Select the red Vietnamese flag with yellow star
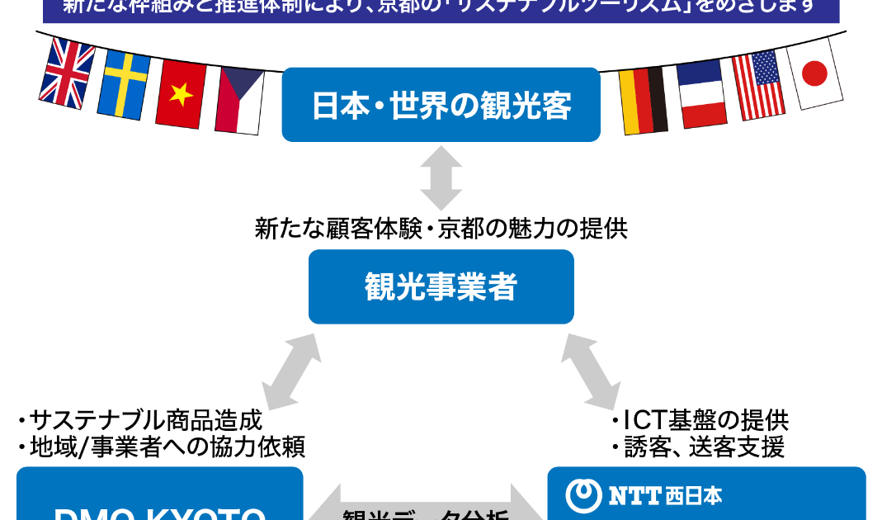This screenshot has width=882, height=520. [181, 94]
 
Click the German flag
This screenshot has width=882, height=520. [644, 101]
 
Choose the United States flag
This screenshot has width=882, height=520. [758, 85]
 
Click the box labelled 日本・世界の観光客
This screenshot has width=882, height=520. [441, 105]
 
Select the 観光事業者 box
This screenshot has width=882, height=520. [441, 286]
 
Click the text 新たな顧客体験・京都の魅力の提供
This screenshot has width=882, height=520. [441, 229]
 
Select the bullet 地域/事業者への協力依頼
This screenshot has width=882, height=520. [164, 447]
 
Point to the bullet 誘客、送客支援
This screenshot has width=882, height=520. [700, 447]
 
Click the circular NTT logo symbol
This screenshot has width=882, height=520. [583, 494]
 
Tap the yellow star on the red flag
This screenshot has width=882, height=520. [181, 94]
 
